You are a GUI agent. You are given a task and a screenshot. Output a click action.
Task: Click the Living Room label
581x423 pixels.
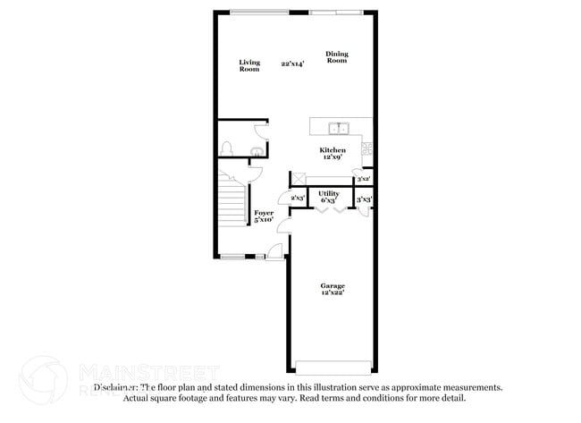248,65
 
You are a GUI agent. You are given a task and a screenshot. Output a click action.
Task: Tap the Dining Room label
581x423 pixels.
336,57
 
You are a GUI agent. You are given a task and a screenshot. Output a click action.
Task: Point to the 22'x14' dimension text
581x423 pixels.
291,63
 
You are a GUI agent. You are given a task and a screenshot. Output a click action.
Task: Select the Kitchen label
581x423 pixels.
333,150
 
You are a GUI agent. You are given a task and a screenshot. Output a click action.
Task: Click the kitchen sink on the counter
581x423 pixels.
338,127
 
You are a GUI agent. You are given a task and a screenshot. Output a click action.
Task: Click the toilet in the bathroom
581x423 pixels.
227,148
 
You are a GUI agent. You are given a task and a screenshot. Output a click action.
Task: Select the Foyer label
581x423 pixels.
264,213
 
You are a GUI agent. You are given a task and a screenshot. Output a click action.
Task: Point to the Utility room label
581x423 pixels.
328,193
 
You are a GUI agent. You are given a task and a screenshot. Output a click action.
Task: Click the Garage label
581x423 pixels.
333,286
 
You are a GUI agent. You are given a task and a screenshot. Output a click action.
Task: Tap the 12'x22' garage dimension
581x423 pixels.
333,293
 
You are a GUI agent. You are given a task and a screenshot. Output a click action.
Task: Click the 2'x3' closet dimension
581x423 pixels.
299,198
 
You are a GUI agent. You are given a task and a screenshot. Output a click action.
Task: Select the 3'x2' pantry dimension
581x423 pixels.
363,180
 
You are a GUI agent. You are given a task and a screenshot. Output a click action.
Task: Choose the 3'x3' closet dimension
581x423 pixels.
364,199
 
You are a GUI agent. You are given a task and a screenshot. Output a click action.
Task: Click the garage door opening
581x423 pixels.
333,370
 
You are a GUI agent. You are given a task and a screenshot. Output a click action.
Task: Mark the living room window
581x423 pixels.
258,12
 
